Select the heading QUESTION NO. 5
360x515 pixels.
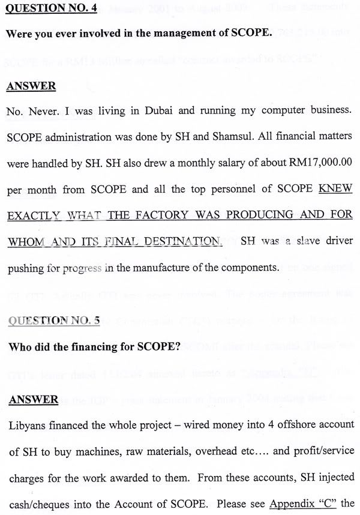click(54, 321)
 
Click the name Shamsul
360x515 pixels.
click(230, 136)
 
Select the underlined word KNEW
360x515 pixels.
click(335, 188)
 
